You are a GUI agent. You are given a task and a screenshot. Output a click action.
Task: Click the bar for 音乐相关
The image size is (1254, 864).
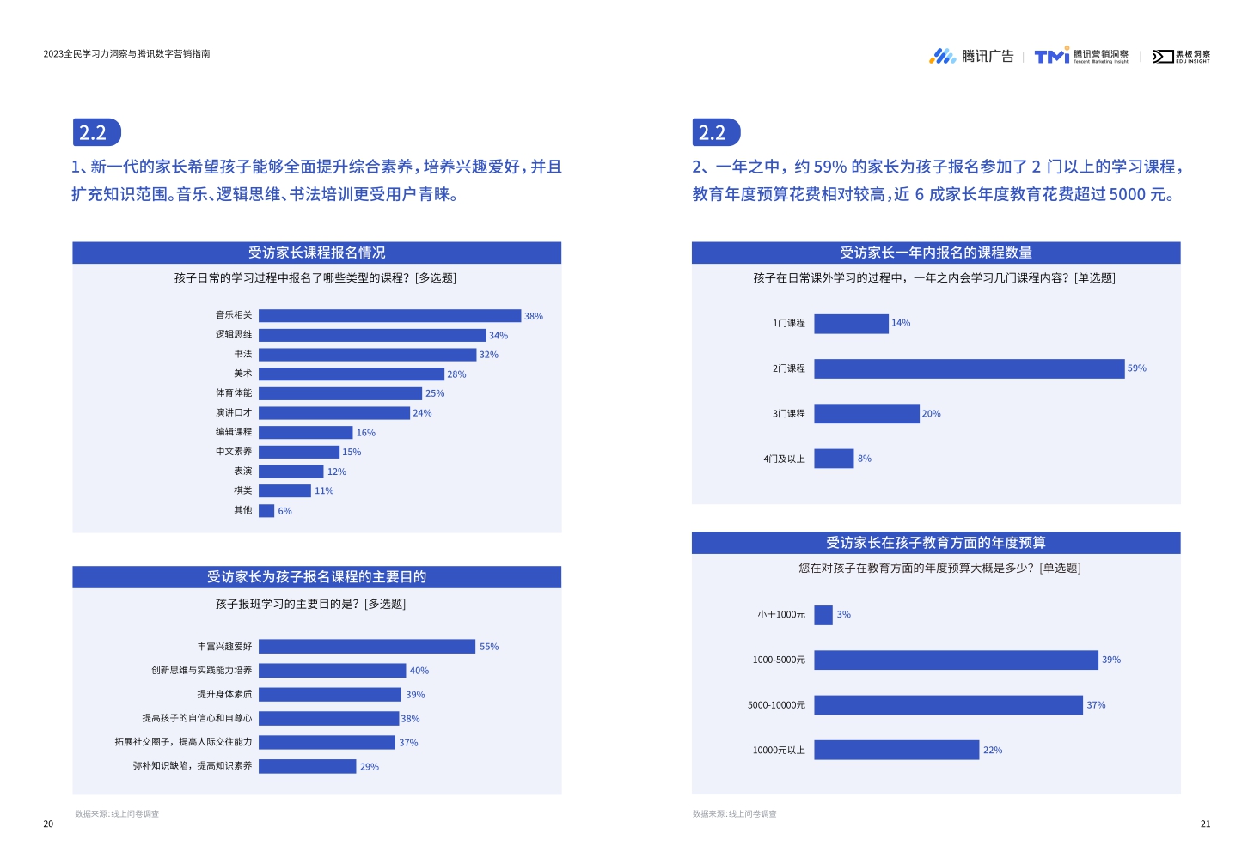tap(389, 316)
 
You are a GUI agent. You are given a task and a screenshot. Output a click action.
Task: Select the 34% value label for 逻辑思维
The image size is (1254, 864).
tap(499, 336)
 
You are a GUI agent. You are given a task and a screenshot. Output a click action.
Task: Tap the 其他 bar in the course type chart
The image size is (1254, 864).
tap(266, 511)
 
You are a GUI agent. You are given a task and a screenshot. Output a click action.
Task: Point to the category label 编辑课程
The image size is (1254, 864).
tap(234, 432)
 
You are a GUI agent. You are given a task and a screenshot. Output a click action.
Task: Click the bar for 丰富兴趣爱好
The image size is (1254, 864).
tap(367, 647)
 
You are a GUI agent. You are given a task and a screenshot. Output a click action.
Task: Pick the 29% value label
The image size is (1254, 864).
tap(370, 767)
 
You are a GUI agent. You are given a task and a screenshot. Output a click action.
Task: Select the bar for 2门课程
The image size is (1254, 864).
tap(969, 368)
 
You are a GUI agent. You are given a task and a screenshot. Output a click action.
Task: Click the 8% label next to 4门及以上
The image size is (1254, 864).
tap(865, 459)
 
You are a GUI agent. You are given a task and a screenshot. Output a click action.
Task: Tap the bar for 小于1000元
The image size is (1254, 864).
tap(823, 615)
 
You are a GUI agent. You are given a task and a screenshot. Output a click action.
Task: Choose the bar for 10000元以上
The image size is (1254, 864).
tap(896, 751)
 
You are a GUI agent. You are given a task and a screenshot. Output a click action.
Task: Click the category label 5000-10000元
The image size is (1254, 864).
tap(776, 705)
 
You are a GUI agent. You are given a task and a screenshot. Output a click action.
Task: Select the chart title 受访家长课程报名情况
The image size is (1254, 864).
tap(316, 253)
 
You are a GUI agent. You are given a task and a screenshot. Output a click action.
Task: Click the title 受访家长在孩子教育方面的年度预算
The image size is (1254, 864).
tap(935, 543)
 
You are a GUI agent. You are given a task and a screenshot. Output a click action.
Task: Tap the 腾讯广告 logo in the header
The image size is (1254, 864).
tap(971, 57)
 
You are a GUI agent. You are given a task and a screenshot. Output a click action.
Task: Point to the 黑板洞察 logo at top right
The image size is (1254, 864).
tap(1181, 57)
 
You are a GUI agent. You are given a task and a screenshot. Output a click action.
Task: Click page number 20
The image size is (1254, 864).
tap(48, 824)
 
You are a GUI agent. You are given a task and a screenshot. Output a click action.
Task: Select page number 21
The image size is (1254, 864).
tap(1205, 824)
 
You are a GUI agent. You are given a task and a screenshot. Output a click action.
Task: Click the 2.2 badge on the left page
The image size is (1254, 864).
tap(96, 133)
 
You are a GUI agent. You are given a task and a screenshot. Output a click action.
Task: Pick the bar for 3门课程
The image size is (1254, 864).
tap(866, 414)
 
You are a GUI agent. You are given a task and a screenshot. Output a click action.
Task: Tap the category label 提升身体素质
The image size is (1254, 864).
tap(224, 694)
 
